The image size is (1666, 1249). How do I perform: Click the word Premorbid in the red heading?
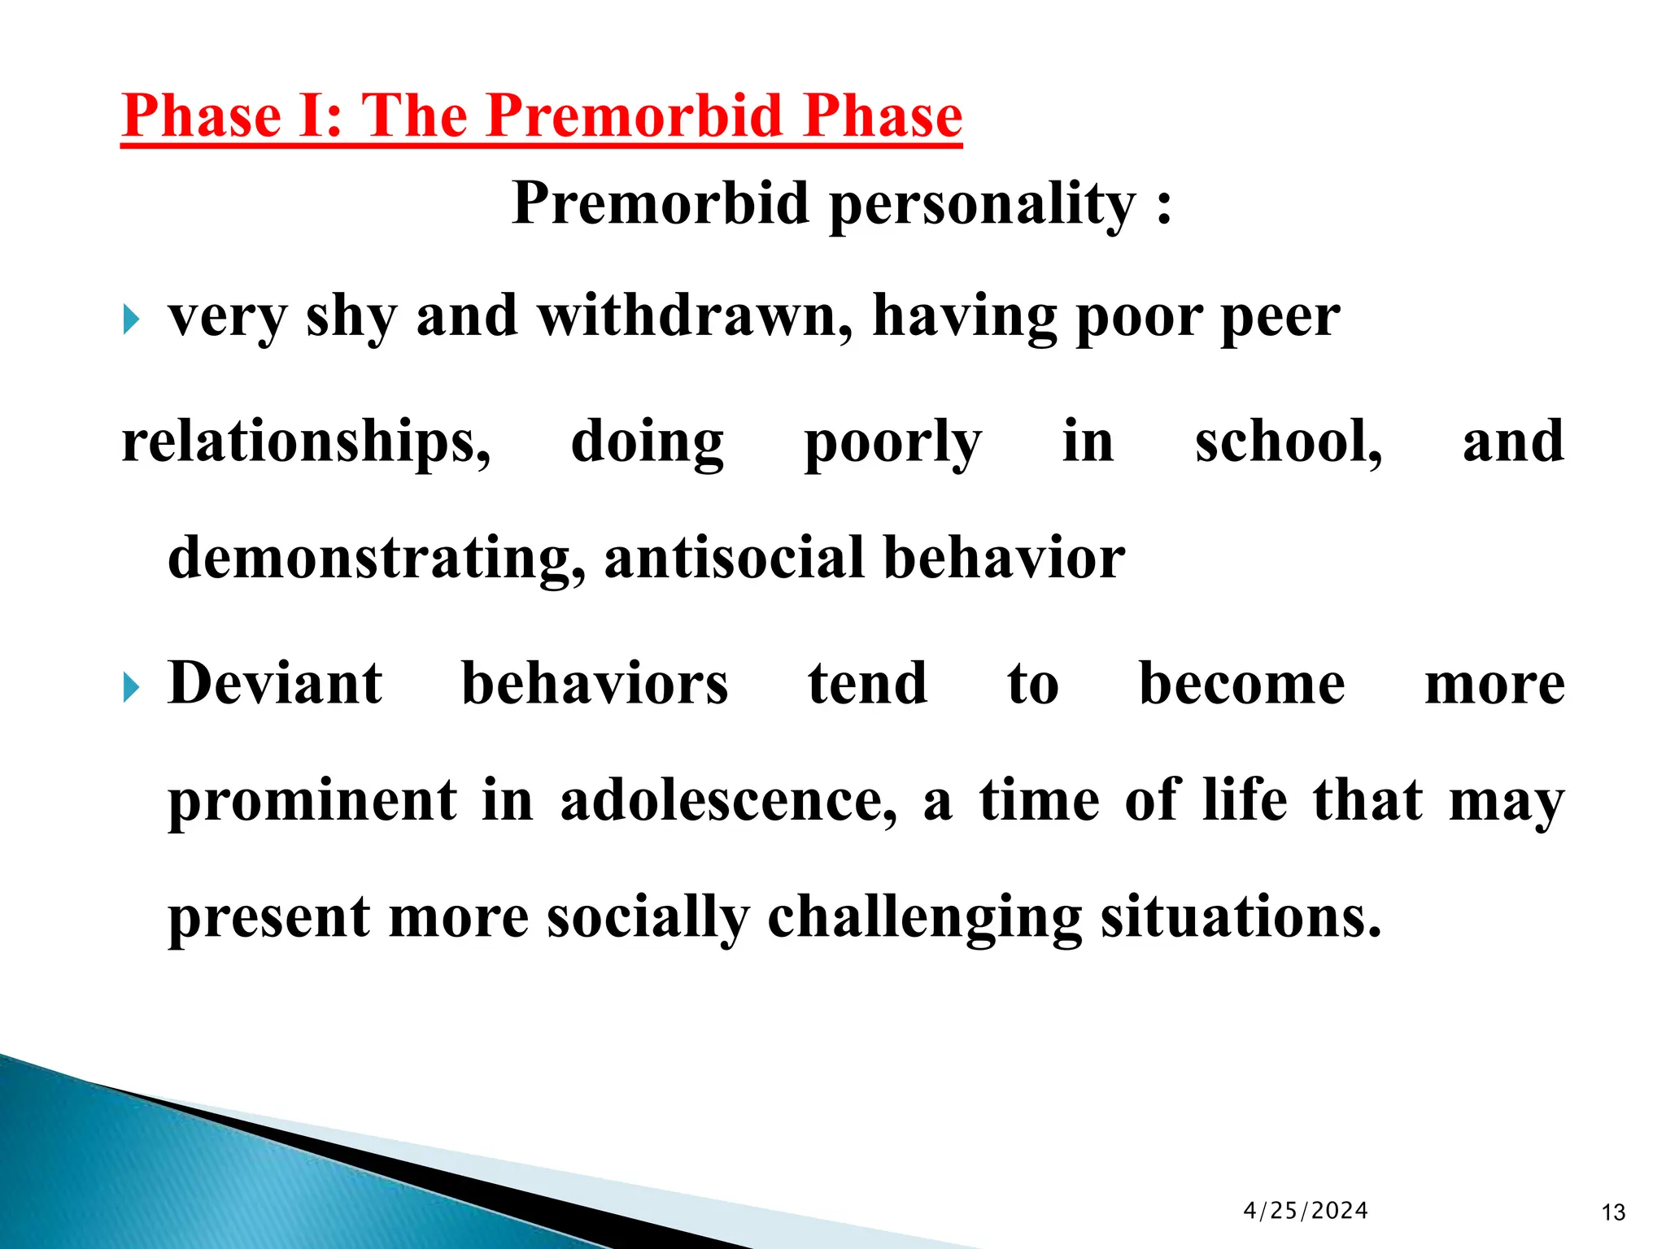click(635, 115)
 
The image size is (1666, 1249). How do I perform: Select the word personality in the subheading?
click(982, 203)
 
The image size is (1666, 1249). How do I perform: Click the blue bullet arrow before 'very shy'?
click(132, 320)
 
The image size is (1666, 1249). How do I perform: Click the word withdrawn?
click(696, 316)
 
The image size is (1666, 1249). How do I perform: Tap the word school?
click(1287, 442)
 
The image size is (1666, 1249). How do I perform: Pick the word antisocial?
click(734, 558)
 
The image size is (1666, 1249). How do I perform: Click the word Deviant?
click(274, 683)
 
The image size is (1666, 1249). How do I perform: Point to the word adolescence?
click(729, 800)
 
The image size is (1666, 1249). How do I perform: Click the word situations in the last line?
click(1241, 917)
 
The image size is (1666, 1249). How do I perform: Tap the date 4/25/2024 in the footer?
click(1305, 1211)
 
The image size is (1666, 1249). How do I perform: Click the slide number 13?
click(1612, 1213)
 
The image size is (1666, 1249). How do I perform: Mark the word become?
click(1241, 683)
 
